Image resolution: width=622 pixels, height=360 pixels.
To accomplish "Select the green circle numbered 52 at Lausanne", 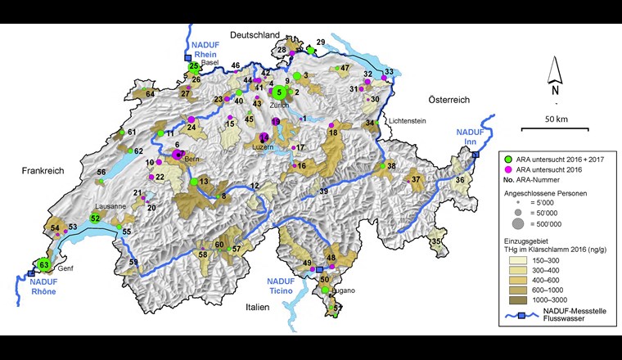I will (96, 218).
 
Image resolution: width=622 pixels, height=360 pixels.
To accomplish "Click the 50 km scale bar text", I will (556, 119).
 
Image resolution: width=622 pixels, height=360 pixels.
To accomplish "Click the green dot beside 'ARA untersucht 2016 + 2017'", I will (508, 158).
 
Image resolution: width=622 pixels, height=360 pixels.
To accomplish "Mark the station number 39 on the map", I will (324, 191).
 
